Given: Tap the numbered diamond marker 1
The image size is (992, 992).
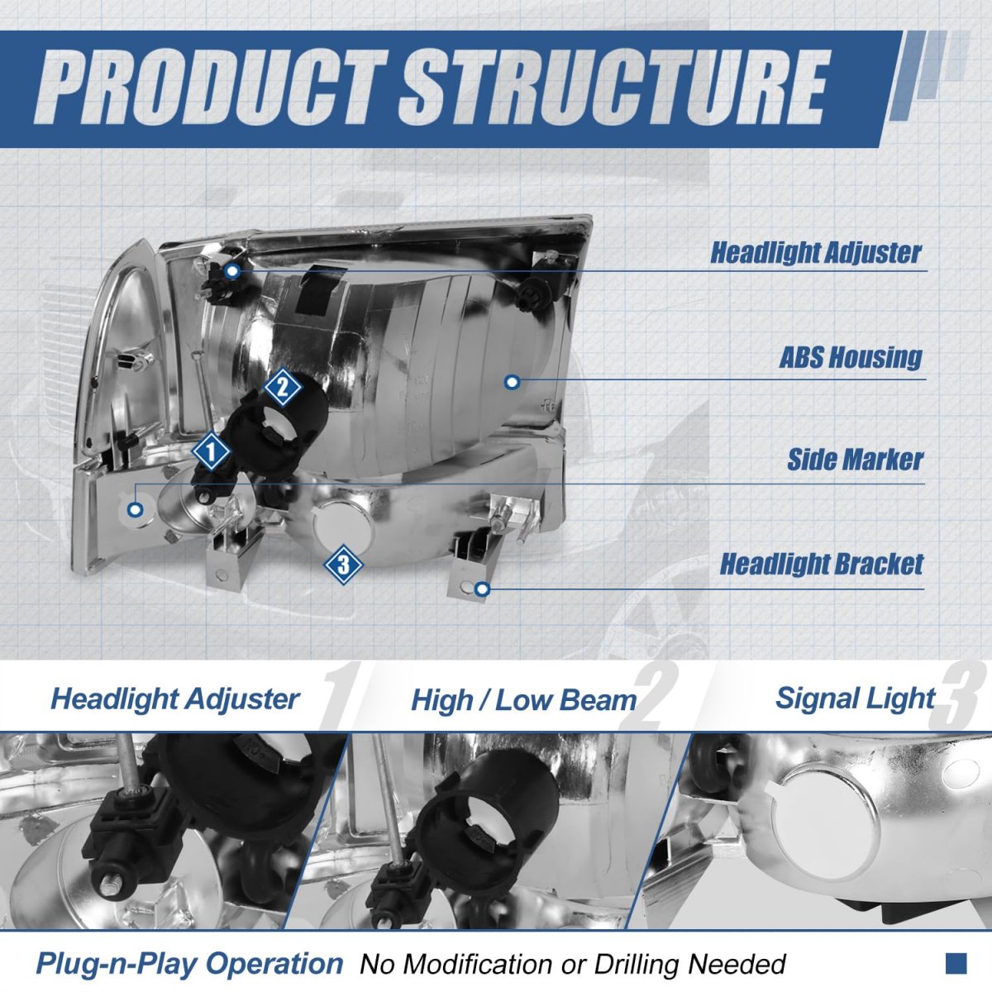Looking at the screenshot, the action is [211, 452].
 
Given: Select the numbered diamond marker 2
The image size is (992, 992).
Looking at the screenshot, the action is [282, 387].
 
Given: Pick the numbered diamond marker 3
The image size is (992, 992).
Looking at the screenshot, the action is [343, 565].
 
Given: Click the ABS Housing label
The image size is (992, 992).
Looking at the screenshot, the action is [851, 357].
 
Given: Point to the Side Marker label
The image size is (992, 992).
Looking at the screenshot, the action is [855, 459].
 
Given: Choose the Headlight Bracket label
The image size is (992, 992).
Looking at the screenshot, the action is [822, 564].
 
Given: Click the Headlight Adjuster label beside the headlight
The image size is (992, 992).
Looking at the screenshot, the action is [816, 252].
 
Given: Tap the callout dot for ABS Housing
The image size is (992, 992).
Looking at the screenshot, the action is [512, 383].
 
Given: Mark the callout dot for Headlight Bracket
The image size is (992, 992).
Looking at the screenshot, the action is [482, 589].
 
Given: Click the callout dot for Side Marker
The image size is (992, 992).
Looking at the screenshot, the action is [136, 510].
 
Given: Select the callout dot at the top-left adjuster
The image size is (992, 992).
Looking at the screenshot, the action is [232, 271].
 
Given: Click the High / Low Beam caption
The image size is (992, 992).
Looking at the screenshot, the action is [524, 701].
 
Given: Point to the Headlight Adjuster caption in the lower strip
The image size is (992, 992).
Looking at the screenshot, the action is [175, 699].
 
